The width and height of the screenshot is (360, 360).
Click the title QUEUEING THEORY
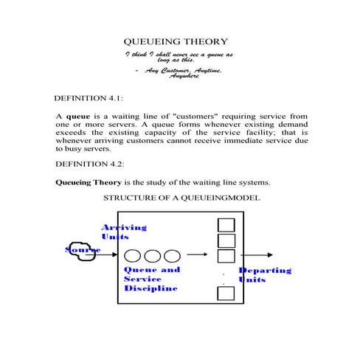pos(175,41)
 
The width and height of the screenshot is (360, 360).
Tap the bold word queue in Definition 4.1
pos(77,117)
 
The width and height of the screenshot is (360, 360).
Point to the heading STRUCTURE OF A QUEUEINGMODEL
pos(181,198)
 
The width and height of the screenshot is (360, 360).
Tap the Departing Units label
pos(265,275)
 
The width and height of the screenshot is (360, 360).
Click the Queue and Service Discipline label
pos(150,279)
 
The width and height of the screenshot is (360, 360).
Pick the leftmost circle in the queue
pos(134,256)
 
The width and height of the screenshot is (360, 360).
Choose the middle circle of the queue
pos(153,256)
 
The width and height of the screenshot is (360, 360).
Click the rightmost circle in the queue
pos(171,256)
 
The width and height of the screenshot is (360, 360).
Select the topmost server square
pos(226,225)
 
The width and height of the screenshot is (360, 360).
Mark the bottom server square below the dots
pos(226,294)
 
